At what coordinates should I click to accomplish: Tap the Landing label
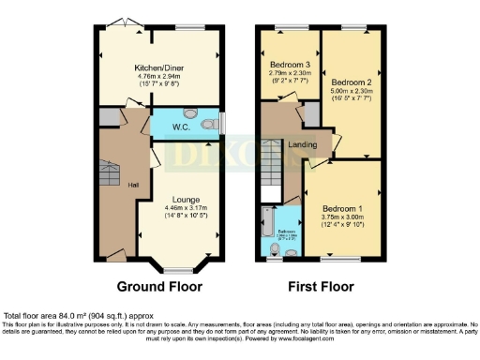point(301,143)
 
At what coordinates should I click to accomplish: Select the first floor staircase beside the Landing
point(274,165)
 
